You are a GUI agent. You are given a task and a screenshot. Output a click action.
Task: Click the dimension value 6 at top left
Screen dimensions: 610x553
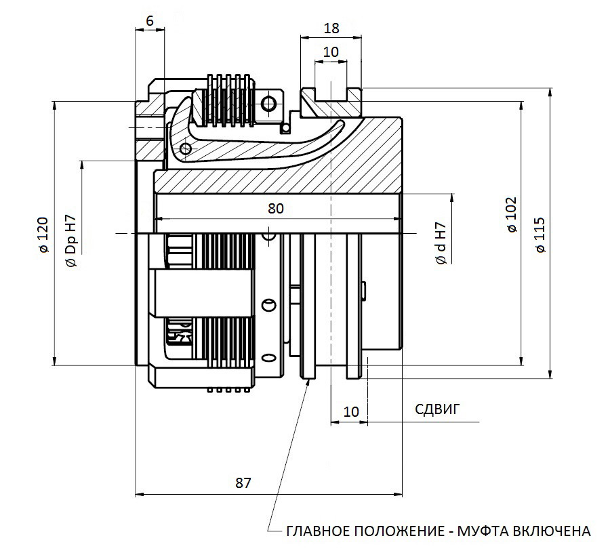(150, 20)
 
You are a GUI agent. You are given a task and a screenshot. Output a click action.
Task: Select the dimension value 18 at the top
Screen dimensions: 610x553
(331, 28)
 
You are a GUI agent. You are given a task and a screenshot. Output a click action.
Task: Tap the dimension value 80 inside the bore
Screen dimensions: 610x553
(276, 209)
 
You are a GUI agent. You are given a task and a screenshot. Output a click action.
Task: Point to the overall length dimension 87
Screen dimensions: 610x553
(243, 483)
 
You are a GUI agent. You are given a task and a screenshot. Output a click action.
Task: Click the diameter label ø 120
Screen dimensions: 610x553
(43, 234)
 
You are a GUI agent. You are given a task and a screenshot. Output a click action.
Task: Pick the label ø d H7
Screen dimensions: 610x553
(441, 243)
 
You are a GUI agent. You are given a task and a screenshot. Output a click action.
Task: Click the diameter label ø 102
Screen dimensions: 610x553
(512, 214)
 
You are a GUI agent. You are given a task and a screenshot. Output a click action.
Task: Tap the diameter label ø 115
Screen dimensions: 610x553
(540, 235)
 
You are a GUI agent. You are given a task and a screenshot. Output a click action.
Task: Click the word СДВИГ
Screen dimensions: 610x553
(437, 409)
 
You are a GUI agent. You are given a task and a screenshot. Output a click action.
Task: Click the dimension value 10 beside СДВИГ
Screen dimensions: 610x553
(351, 412)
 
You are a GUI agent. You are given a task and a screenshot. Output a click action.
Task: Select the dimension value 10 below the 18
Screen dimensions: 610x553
(331, 52)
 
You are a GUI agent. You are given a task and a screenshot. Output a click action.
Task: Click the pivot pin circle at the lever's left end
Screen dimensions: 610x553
(186, 148)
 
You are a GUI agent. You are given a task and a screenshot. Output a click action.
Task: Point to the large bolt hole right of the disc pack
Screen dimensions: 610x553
(268, 104)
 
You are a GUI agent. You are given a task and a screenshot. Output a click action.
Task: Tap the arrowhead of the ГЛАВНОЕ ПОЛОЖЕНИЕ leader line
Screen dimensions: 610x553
(309, 382)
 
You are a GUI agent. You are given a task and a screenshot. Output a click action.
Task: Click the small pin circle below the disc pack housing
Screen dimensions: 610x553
(287, 128)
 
